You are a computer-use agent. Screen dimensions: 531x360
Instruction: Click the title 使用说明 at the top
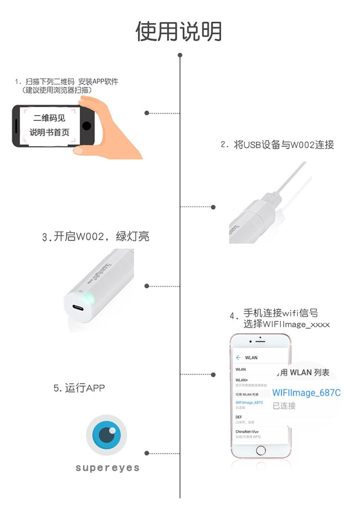179,32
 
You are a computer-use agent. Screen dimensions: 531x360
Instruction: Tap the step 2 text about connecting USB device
277,144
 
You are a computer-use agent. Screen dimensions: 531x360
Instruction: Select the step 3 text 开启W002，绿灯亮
96,236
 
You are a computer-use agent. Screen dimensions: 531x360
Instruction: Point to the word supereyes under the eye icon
108,468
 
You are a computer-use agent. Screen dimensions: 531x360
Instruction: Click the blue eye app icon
107,435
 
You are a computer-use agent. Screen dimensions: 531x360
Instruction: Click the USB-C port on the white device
77,309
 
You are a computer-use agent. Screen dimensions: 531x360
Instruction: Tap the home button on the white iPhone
260,450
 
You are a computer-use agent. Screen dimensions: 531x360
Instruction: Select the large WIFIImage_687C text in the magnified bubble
306,393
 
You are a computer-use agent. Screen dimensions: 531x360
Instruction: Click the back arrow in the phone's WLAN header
238,357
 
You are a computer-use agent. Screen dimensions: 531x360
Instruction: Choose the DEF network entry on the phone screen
239,417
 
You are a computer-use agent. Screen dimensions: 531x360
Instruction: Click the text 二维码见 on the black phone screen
49,118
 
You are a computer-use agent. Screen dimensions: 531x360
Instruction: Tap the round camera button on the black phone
86,126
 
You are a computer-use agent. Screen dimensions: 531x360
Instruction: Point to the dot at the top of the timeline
180,55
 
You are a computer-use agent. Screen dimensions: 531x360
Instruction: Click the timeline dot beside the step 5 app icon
146,453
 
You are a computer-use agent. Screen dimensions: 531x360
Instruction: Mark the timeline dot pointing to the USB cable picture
214,207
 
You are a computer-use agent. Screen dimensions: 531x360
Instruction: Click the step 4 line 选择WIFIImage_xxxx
286,324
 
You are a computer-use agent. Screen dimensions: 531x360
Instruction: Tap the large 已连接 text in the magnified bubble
284,406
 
